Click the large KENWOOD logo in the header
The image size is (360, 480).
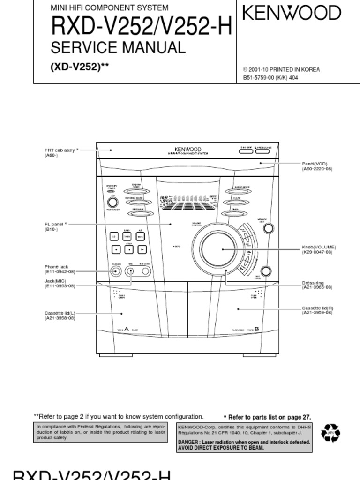[x=292, y=13]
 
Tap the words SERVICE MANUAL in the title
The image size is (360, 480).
[x=118, y=47]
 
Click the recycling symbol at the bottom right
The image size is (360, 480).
[x=330, y=434]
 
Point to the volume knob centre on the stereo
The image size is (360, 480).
[x=219, y=249]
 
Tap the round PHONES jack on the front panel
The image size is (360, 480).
[x=115, y=270]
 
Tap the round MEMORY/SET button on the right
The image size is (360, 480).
[x=268, y=228]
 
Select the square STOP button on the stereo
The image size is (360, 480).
[x=128, y=249]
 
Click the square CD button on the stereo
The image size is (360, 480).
[x=114, y=237]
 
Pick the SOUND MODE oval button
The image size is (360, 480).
[x=242, y=191]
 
